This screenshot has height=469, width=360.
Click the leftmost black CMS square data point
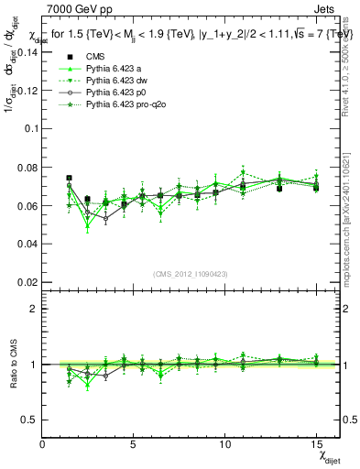tap(70, 178)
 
